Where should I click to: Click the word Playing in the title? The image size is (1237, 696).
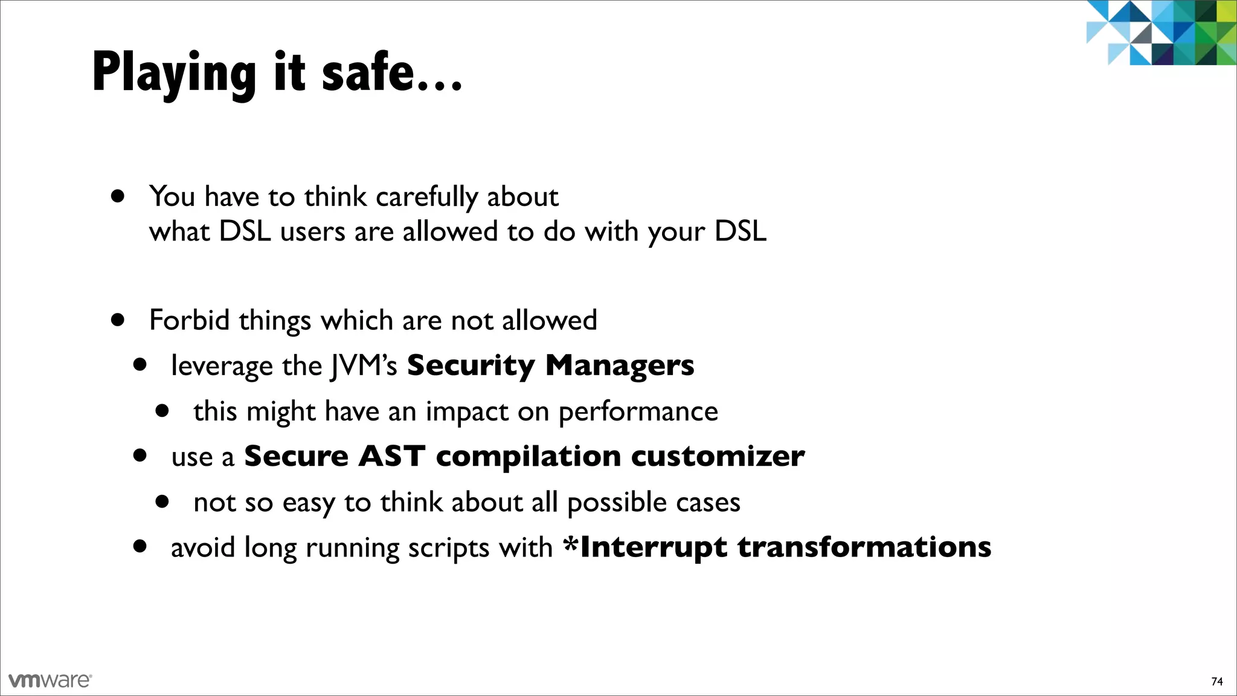(174, 74)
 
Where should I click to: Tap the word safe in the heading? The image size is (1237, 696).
(368, 72)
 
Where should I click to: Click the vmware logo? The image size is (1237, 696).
(50, 680)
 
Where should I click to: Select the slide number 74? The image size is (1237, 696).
(1217, 681)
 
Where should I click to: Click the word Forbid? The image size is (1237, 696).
(189, 320)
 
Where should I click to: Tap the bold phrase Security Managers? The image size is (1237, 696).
(550, 366)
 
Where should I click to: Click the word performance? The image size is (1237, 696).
(638, 412)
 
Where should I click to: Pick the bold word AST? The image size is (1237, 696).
(391, 456)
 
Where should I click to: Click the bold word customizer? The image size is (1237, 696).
(718, 456)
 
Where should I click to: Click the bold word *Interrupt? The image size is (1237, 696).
(644, 547)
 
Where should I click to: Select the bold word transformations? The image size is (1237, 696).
(864, 547)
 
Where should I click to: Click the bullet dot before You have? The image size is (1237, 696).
(118, 196)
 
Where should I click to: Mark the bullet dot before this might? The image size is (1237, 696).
(162, 411)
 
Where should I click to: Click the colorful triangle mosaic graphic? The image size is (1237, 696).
(1160, 33)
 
